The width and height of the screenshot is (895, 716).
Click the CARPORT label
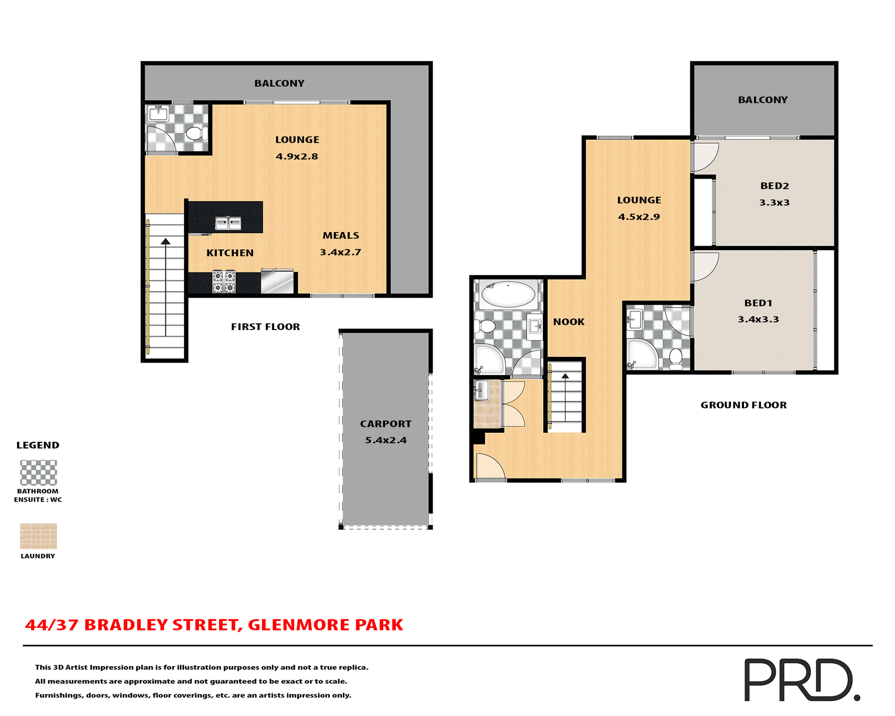(386, 424)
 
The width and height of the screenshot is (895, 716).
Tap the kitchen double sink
(228, 223)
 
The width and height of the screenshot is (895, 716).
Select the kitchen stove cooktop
(224, 282)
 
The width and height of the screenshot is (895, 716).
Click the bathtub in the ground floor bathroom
(508, 294)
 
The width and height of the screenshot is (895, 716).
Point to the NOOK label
(569, 322)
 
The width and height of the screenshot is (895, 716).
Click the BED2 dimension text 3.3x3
(774, 202)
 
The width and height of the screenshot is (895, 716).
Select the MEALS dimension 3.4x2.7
(340, 252)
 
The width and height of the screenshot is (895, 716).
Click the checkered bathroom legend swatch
(39, 473)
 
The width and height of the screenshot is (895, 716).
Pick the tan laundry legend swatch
(39, 536)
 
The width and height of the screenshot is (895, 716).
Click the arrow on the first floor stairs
(165, 241)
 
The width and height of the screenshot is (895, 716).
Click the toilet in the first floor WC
(196, 133)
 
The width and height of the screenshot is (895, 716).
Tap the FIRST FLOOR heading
(265, 327)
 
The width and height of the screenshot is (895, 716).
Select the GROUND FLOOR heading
(744, 405)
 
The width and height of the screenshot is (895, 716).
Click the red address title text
(214, 625)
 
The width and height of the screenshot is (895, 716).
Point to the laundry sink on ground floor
(481, 390)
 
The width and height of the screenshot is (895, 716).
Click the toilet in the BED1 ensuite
(675, 359)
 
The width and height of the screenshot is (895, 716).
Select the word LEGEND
(38, 445)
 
